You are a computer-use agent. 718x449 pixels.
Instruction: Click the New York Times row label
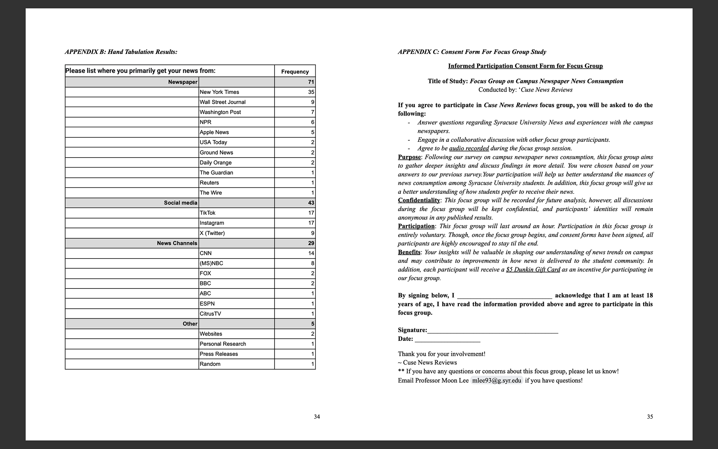click(x=219, y=92)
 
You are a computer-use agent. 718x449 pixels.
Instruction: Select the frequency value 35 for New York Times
click(x=311, y=92)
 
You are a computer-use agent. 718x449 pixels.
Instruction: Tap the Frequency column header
click(x=295, y=71)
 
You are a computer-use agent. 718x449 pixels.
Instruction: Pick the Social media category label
click(x=180, y=203)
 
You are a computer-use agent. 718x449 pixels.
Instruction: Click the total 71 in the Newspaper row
click(x=311, y=82)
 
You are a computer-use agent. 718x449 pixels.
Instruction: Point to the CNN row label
click(x=206, y=253)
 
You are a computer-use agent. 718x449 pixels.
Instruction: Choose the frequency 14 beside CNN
click(x=311, y=253)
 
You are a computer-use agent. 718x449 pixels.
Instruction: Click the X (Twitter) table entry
click(x=212, y=233)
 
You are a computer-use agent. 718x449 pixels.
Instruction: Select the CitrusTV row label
click(x=210, y=314)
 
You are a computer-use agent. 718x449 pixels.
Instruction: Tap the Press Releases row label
click(x=219, y=354)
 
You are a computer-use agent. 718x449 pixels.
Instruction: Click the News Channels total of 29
click(x=311, y=243)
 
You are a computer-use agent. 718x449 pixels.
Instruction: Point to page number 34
click(x=317, y=416)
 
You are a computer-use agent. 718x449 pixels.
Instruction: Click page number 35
click(x=650, y=416)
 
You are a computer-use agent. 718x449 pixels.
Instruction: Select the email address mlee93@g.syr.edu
click(x=497, y=381)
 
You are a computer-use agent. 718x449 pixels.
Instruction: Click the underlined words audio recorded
click(x=469, y=149)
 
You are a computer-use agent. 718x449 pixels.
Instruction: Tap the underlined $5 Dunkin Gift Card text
click(x=533, y=270)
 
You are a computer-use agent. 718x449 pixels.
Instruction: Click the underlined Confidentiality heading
click(x=419, y=201)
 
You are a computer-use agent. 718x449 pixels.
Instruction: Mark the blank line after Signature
click(x=493, y=331)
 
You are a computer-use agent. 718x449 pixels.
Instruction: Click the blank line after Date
click(x=447, y=339)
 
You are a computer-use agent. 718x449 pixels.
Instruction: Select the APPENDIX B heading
click(x=121, y=52)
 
